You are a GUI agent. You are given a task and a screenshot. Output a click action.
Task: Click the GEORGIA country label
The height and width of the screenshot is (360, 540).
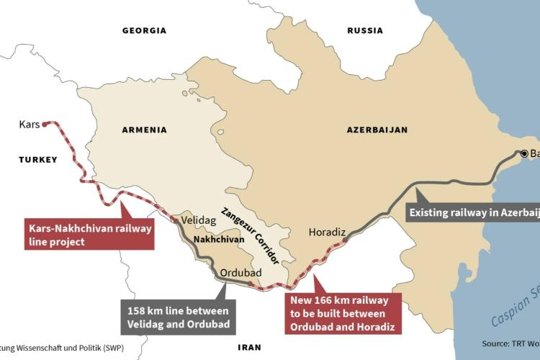coord(144,31)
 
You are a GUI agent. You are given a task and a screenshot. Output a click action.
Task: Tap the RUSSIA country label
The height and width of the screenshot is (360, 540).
coord(365,31)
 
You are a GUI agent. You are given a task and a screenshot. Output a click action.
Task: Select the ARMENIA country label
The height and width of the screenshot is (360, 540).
coord(144,130)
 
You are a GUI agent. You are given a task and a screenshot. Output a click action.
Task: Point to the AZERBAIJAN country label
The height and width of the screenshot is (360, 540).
coord(377,130)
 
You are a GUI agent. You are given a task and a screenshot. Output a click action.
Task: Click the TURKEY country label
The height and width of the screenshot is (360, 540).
coord(37,160)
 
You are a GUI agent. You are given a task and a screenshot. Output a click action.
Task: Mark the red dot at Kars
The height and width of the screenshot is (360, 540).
coord(45,124)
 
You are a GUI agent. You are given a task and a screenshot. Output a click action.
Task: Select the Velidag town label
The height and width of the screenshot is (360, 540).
coord(195,221)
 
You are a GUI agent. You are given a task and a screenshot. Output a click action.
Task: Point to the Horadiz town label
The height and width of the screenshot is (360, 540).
coord(328,232)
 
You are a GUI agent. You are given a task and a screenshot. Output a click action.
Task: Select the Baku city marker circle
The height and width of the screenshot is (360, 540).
coord(524,153)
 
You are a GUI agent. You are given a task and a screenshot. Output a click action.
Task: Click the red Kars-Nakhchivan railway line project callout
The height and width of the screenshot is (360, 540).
coord(90,235)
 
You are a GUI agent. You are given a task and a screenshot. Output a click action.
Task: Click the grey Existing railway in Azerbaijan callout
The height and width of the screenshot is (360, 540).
coord(472,212)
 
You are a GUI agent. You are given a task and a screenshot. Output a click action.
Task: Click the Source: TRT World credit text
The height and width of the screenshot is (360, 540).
coord(510,343)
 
